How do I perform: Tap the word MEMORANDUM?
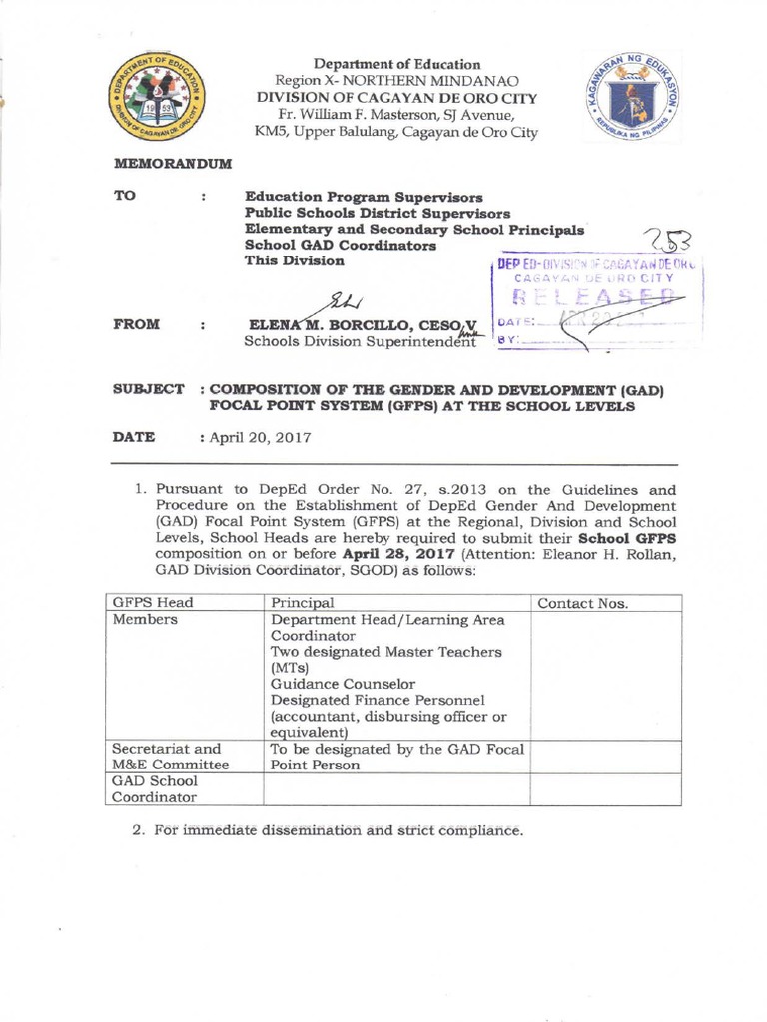click(x=173, y=162)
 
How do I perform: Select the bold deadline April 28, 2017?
click(x=396, y=554)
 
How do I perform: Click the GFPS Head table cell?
click(x=153, y=603)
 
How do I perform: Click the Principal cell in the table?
click(x=302, y=603)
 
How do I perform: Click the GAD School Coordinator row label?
click(x=155, y=789)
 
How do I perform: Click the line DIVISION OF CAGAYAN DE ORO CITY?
click(x=397, y=98)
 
